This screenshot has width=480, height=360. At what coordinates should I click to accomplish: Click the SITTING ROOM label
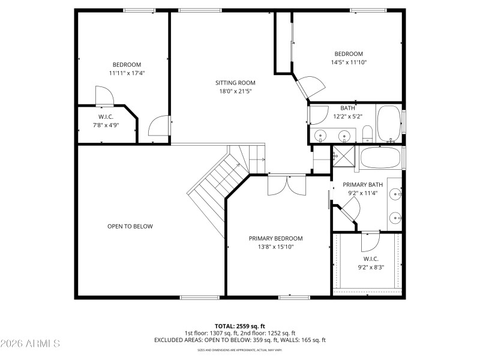coord(235,83)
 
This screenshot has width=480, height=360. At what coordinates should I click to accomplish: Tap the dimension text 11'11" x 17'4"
coord(127,73)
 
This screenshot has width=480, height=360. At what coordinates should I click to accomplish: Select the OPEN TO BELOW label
coord(130,226)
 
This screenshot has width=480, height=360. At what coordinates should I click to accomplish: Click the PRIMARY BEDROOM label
coord(275,238)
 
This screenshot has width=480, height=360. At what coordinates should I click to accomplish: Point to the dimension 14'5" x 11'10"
coord(349,62)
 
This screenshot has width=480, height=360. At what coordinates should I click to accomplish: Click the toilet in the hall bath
coord(367,133)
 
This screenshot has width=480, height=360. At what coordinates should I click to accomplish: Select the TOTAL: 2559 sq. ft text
coord(239,326)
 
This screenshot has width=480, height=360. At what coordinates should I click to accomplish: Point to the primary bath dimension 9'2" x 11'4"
coord(362,193)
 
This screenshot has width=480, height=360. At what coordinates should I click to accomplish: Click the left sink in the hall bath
coord(320,134)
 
